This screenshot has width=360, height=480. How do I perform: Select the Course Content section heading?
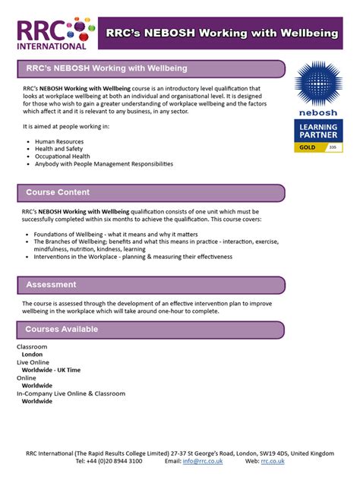58,192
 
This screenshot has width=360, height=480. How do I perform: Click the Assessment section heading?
51,284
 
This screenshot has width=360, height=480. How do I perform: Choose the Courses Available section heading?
62,329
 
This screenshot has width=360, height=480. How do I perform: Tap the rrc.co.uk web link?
273,461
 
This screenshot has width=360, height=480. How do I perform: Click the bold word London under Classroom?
33,354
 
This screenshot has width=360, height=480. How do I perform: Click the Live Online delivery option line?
33,362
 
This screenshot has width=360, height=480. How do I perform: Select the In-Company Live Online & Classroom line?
71,393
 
